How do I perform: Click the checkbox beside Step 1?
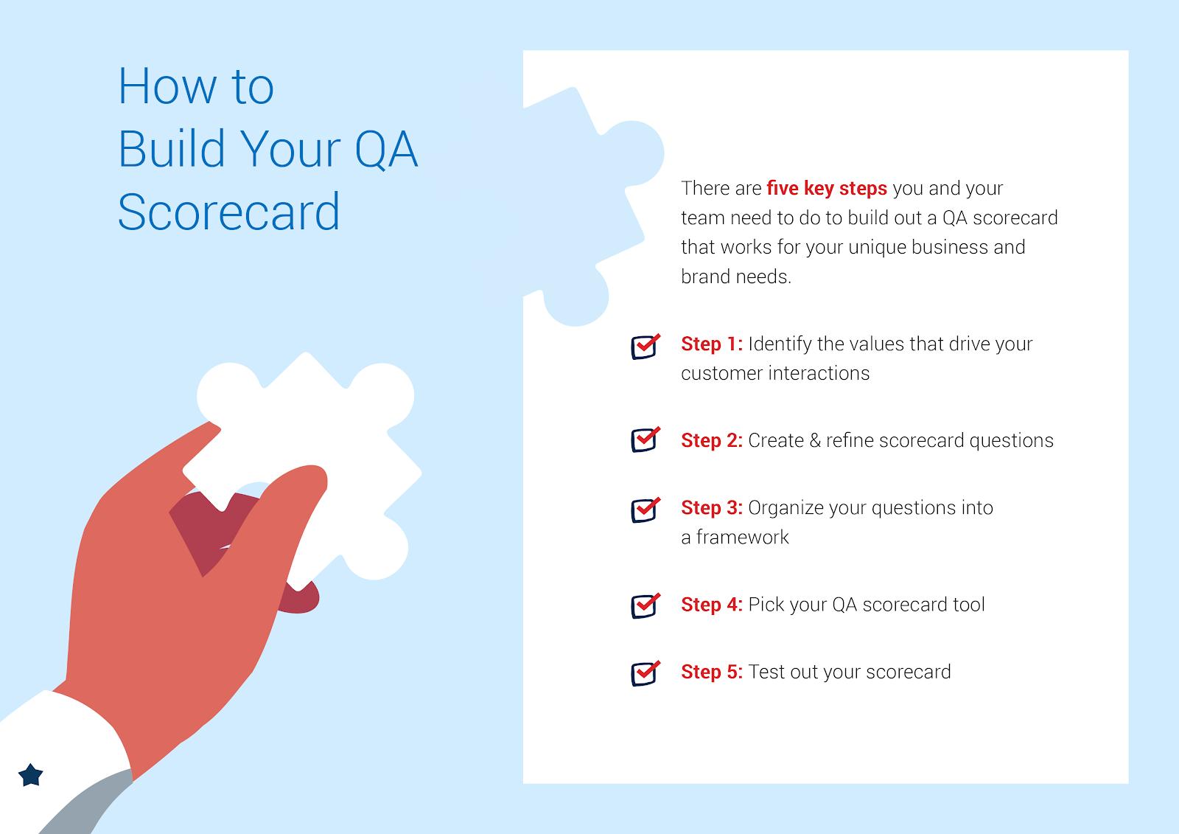click(645, 347)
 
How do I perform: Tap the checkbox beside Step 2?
click(645, 439)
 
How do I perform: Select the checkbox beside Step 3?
click(645, 510)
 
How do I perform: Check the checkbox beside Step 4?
click(645, 606)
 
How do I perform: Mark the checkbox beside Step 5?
click(645, 673)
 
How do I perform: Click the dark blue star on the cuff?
click(30, 775)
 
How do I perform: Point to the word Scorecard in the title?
click(228, 212)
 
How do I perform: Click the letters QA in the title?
click(386, 150)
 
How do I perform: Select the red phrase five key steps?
click(826, 189)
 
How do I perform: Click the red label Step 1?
click(712, 344)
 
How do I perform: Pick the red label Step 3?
click(712, 508)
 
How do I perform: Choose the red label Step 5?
click(712, 673)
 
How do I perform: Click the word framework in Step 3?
click(742, 538)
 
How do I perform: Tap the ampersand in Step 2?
click(815, 440)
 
